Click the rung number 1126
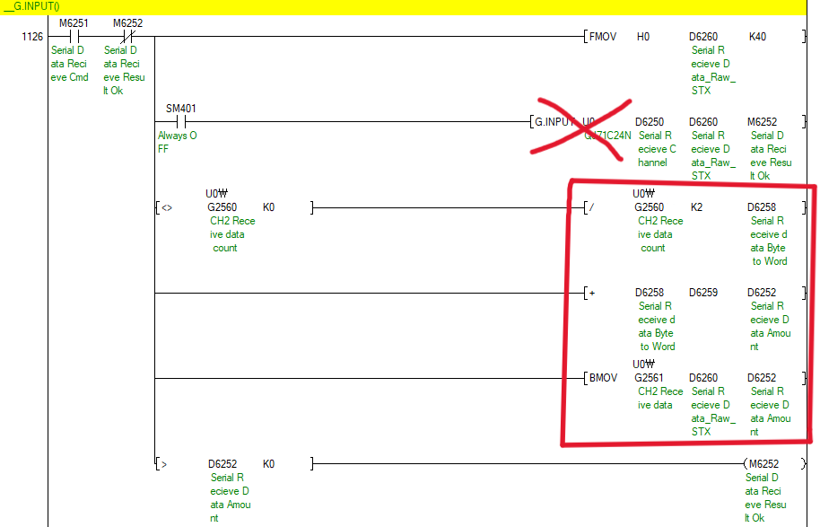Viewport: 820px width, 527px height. click(33, 37)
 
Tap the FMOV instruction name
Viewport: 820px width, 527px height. click(603, 37)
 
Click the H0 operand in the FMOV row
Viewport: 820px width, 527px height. click(643, 37)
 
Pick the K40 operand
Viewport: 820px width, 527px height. click(758, 37)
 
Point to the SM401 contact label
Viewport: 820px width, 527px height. click(181, 109)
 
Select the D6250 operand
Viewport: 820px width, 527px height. click(650, 122)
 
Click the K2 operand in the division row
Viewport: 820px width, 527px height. click(697, 207)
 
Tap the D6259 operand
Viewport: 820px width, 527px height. click(703, 293)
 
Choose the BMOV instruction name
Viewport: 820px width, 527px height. click(603, 378)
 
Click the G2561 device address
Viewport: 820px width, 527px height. click(650, 378)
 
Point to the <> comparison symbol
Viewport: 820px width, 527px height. click(167, 208)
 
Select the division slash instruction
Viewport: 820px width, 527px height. click(590, 208)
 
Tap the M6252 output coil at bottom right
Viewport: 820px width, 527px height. click(763, 464)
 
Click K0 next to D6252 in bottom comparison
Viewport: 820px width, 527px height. click(269, 464)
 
